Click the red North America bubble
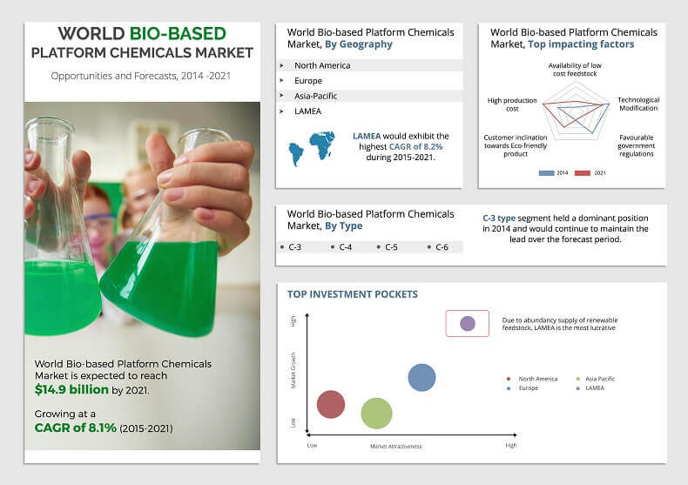tap(331, 405)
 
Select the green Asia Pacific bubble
tap(376, 414)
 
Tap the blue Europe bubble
tap(422, 377)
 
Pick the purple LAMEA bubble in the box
tap(468, 324)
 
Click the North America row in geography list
tap(322, 65)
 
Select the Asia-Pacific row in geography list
tap(315, 96)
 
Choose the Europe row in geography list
tap(309, 80)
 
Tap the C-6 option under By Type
tap(442, 247)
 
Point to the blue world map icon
tap(312, 148)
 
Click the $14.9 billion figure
tap(72, 389)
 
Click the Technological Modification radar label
tap(638, 104)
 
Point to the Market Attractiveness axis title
tap(396, 446)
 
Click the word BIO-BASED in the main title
tap(179, 34)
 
